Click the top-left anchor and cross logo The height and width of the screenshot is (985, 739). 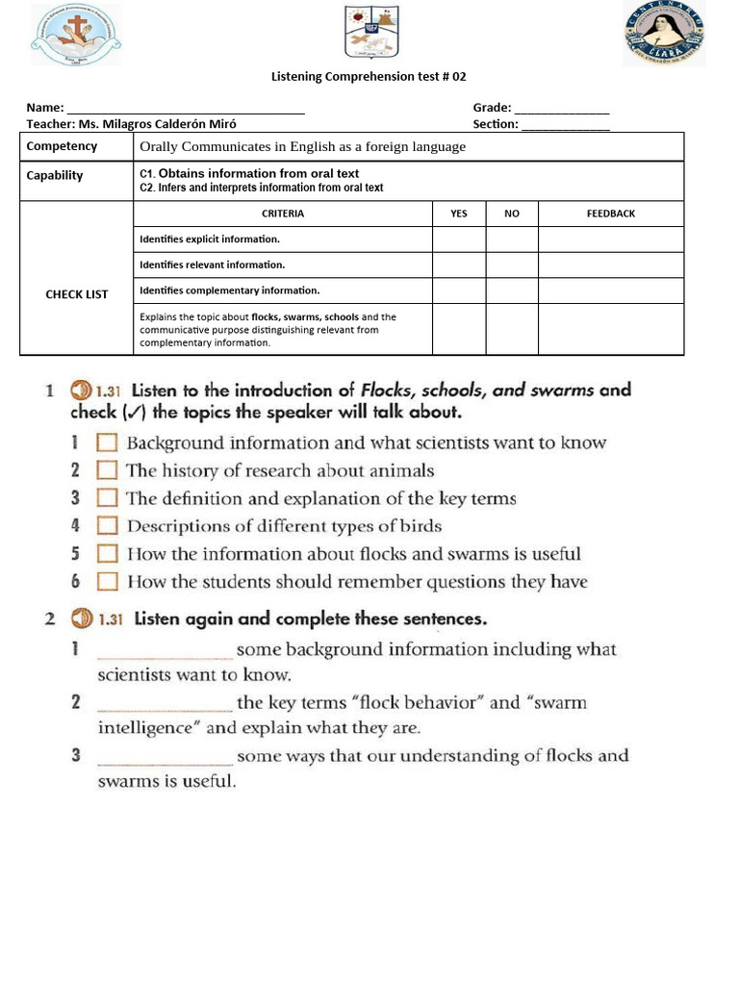pos(76,34)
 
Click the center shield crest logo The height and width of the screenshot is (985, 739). pos(370,33)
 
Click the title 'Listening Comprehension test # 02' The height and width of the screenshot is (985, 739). pos(369,76)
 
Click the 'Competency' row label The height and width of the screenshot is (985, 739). pos(62,146)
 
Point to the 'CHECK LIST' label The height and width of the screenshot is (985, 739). pos(77,294)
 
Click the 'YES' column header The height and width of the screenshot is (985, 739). pos(459,214)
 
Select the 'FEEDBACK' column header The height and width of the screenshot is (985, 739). pos(611,214)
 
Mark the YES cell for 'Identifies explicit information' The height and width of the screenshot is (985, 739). pos(459,239)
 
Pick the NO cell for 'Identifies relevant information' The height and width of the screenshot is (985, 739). pos(512,265)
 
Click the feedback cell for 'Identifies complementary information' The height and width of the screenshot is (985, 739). pos(611,290)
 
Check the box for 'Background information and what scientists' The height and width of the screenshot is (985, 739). pos(108,443)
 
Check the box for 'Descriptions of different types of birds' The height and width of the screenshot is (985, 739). pos(108,526)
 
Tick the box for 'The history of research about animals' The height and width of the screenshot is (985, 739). pos(108,471)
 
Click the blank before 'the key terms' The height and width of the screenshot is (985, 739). pos(164,703)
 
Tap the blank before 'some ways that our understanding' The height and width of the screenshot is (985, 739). pos(164,756)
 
